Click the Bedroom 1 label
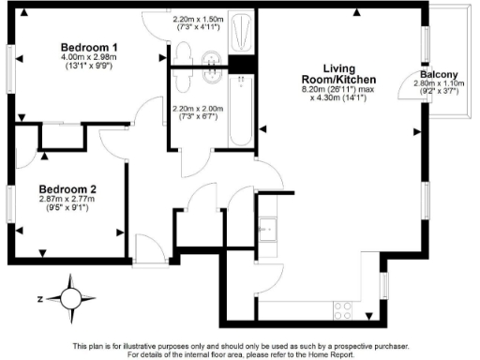(89, 48)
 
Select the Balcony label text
(437, 74)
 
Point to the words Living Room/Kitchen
(339, 75)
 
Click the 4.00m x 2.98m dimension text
(89, 58)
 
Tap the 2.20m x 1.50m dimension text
(199, 19)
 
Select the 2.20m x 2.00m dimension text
(199, 108)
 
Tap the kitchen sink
(268, 228)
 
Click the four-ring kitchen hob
(343, 310)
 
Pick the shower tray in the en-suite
(241, 33)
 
